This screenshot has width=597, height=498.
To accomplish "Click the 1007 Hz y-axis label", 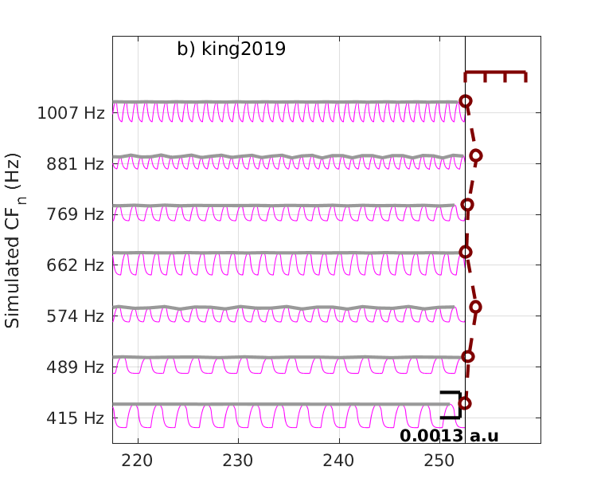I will coord(71,113).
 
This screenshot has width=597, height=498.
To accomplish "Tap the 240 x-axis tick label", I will coord(339,460).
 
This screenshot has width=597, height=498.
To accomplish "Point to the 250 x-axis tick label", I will coord(439,460).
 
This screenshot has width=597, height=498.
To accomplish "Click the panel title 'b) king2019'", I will coord(231,49).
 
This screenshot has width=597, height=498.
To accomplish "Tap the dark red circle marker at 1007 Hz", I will coord(466,101).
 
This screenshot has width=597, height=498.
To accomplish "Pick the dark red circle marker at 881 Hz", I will coord(476,155).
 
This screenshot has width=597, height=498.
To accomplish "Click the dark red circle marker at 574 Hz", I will coord(476,307).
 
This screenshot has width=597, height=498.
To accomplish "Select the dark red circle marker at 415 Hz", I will coord(465,403).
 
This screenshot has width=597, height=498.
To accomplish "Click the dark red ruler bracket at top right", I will coord(495,74).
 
